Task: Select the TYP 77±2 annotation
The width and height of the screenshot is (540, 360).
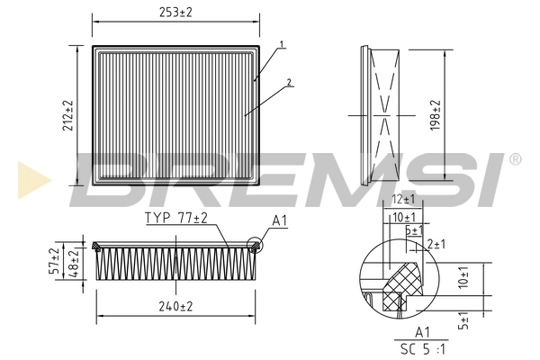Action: [176, 219]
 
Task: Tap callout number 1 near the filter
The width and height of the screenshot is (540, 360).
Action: [282, 44]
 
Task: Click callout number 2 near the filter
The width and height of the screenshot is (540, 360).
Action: [290, 83]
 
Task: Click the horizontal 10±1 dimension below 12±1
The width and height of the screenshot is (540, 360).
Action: [402, 217]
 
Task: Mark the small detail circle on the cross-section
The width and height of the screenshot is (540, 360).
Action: [254, 242]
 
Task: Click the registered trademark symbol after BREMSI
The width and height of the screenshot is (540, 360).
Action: [514, 159]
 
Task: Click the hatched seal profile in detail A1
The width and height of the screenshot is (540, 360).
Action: [403, 286]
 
